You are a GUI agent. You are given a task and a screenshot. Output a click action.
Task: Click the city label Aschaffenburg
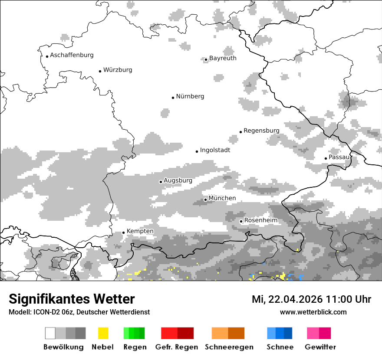72,55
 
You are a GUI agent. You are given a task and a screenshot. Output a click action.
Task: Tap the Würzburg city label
118,70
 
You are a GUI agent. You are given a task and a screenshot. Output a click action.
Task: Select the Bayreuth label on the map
223,58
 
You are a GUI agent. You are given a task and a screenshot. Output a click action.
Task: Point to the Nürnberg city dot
173,98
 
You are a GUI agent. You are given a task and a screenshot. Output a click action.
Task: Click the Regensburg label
261,131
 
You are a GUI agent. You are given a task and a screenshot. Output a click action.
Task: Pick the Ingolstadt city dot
197,151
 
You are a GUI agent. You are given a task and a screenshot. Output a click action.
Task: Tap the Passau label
339,157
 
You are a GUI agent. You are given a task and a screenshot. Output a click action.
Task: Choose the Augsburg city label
178,180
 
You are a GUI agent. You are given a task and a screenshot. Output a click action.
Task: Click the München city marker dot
205,200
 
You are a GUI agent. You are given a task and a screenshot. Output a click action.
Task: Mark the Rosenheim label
260,220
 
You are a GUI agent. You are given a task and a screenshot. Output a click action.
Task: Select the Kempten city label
140,231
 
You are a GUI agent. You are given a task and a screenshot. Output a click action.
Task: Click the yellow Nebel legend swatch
103,333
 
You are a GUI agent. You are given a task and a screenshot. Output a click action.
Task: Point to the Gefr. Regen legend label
177,347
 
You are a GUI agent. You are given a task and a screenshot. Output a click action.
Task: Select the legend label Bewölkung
63,347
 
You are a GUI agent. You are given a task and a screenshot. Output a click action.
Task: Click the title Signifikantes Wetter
72,299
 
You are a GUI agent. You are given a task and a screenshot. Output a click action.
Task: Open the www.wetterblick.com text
313,312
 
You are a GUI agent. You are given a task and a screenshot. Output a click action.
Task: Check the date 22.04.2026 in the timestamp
293,299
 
